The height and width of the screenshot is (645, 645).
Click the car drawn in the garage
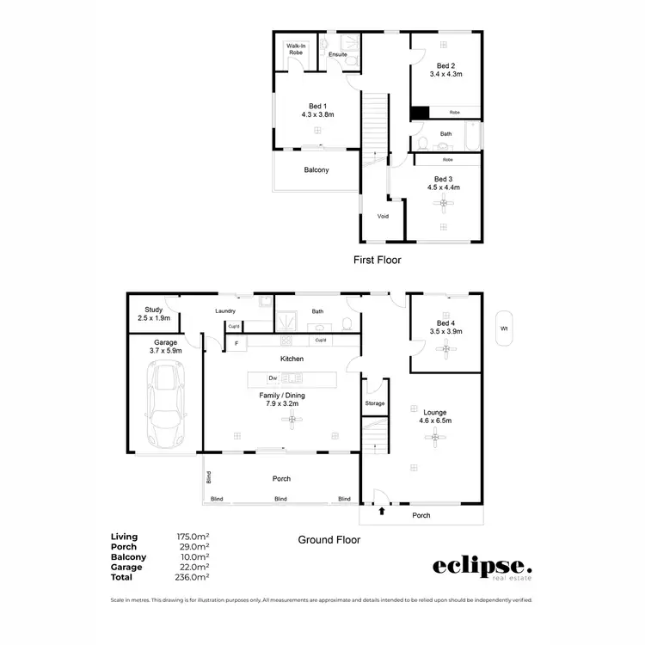[x=165, y=401]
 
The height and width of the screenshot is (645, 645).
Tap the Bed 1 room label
[x=317, y=109]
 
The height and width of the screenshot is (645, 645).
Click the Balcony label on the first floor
[x=316, y=170]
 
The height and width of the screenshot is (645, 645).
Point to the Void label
[x=383, y=216]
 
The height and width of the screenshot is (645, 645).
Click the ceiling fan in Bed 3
[x=444, y=203]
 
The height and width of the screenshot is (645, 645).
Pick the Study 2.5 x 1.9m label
[x=154, y=315]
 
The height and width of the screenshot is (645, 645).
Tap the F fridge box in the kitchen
[x=236, y=344]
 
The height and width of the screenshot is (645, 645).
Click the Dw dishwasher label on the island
[x=272, y=378]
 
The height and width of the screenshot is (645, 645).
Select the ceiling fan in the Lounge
[x=436, y=439]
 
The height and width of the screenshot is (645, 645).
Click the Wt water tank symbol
[x=503, y=328]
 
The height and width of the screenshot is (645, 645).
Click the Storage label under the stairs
[x=375, y=403]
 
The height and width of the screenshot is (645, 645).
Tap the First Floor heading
[x=378, y=259]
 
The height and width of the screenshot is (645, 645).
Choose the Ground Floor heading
[x=329, y=540]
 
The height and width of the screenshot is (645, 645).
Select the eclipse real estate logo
[x=481, y=568]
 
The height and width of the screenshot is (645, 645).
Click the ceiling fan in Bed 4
[x=445, y=348]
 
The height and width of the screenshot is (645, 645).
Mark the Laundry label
[x=224, y=311]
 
